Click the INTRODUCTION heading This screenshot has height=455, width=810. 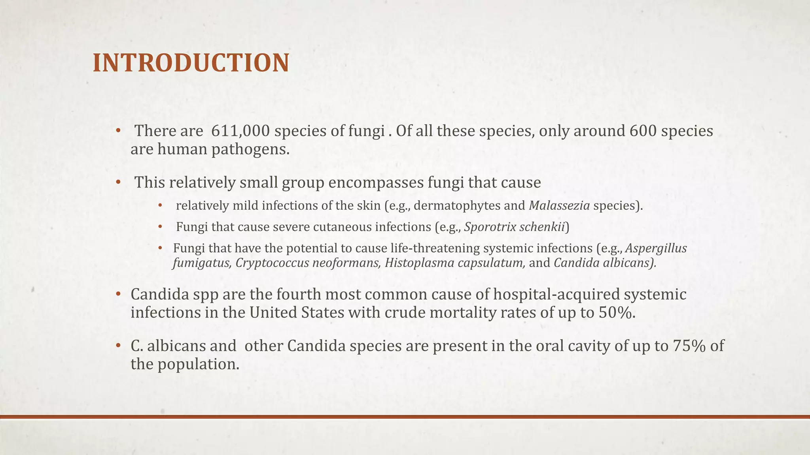coord(191,63)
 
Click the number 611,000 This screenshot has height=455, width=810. coord(240,131)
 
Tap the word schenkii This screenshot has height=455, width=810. coord(542,227)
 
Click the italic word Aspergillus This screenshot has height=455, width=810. coord(656,248)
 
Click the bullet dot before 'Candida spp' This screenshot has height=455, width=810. coord(117,295)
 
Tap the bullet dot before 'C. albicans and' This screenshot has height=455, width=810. coord(117,346)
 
